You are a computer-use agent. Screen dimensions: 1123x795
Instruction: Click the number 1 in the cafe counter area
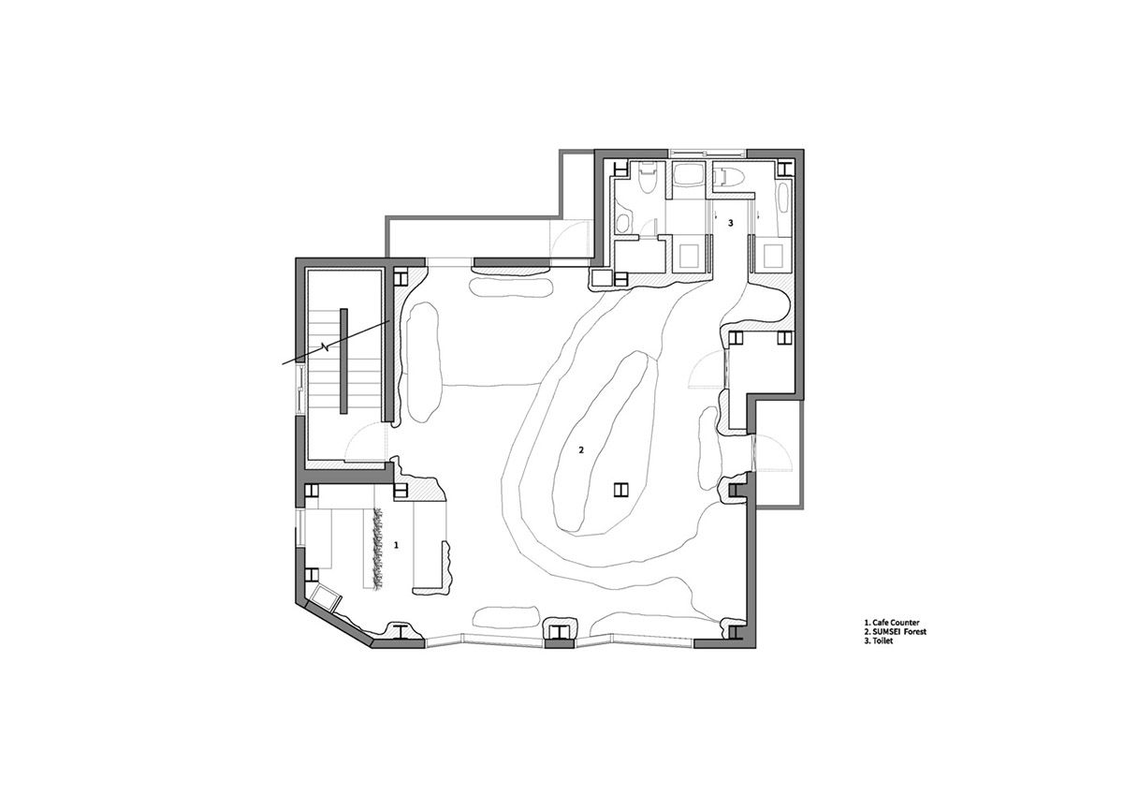click(x=396, y=545)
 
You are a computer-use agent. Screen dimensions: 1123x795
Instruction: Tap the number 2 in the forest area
click(x=581, y=449)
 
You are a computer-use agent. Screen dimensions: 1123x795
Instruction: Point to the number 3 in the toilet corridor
click(x=731, y=223)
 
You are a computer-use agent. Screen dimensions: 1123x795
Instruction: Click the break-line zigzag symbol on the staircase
click(x=326, y=346)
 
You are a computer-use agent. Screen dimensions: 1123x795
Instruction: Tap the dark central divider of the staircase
click(x=344, y=361)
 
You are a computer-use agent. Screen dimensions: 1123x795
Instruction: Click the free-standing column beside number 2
click(x=621, y=489)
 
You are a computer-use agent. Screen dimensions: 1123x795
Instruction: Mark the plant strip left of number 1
click(x=377, y=549)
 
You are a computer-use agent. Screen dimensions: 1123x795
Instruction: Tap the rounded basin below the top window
click(x=686, y=178)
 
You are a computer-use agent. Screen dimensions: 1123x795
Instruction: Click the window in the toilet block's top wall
click(x=707, y=152)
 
